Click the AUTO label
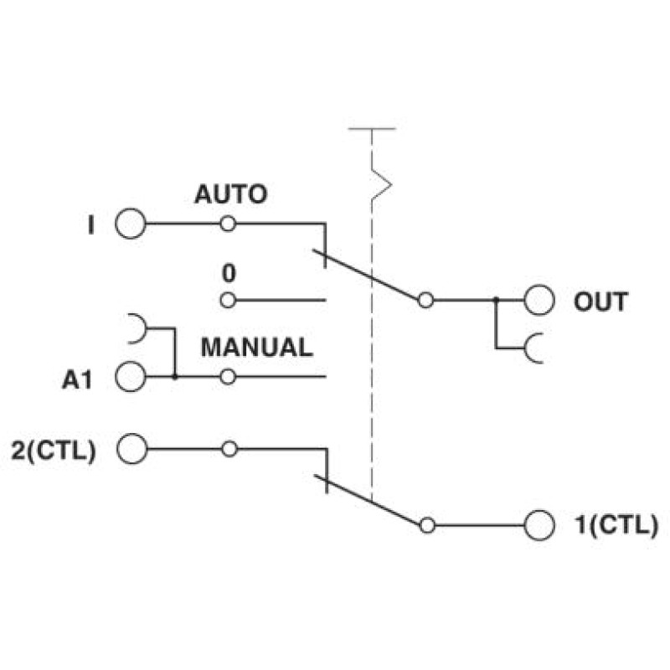click(231, 194)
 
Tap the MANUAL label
click(257, 347)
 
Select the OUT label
click(600, 301)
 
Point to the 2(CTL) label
click(53, 451)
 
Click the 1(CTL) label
click(617, 524)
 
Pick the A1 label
click(77, 379)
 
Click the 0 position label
click(229, 273)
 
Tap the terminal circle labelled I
click(131, 224)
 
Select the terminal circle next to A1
click(131, 376)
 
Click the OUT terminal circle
click(539, 300)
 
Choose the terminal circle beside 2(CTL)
click(132, 449)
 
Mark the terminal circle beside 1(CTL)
click(539, 525)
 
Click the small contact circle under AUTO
click(228, 224)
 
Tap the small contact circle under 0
click(228, 301)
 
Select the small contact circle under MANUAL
click(228, 377)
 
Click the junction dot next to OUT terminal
click(496, 300)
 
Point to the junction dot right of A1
click(174, 377)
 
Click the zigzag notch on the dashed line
click(382, 184)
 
